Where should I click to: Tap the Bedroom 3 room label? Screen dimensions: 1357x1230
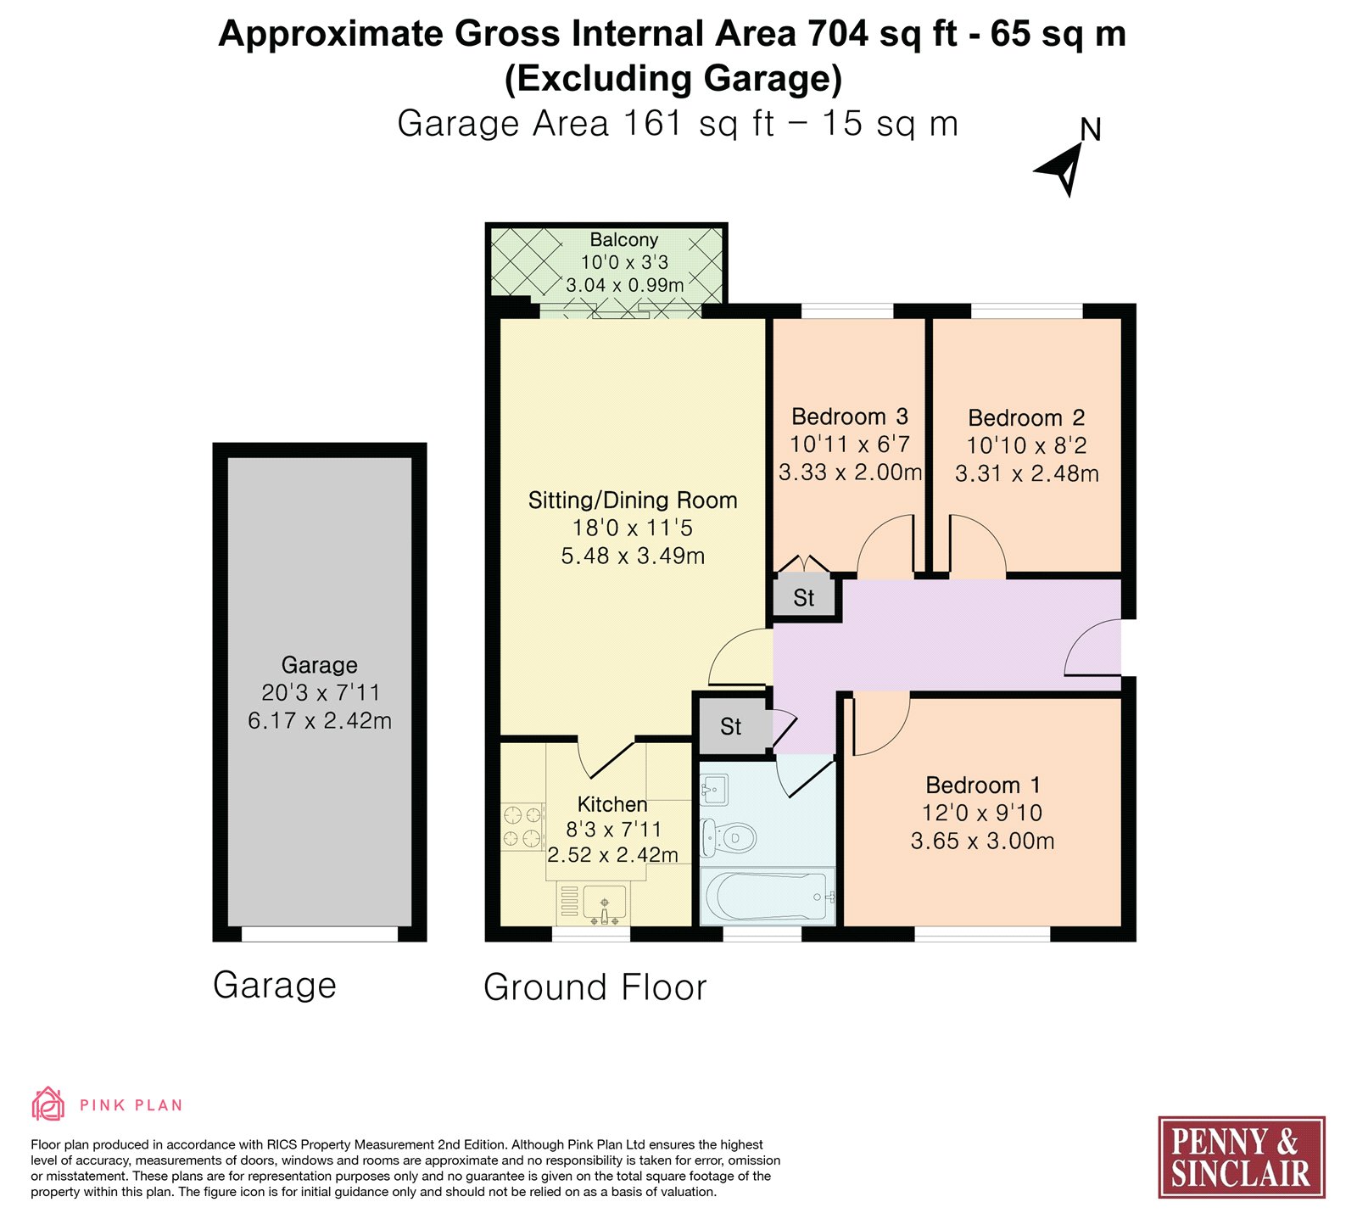click(x=850, y=417)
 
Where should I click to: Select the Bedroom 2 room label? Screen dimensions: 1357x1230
click(x=1026, y=417)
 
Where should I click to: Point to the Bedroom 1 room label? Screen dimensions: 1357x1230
click(x=983, y=785)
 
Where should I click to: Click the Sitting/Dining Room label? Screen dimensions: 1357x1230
click(x=633, y=500)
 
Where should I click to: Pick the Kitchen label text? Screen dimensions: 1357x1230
click(x=612, y=804)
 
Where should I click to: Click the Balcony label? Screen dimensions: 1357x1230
click(x=624, y=240)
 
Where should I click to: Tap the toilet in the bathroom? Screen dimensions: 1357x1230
click(x=729, y=838)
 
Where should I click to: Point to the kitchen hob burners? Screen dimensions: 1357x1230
click(x=522, y=827)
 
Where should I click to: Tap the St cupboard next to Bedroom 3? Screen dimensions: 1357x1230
click(x=804, y=598)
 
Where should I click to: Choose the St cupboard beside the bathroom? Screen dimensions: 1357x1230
click(x=731, y=726)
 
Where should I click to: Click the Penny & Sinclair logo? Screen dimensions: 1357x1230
click(x=1242, y=1157)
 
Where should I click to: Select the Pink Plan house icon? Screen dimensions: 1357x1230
click(x=48, y=1104)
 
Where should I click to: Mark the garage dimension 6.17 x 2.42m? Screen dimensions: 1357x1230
click(x=320, y=721)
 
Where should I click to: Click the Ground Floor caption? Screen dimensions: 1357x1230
click(x=595, y=987)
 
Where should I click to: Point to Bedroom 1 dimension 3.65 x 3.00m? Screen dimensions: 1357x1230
click(x=983, y=841)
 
